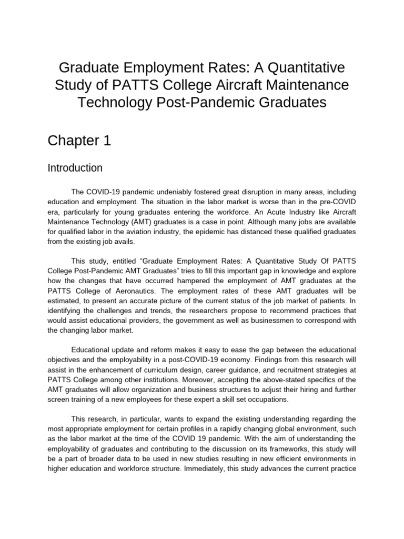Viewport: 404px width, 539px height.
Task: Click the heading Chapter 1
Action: coord(79,141)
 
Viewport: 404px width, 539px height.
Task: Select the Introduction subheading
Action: coord(75,168)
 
